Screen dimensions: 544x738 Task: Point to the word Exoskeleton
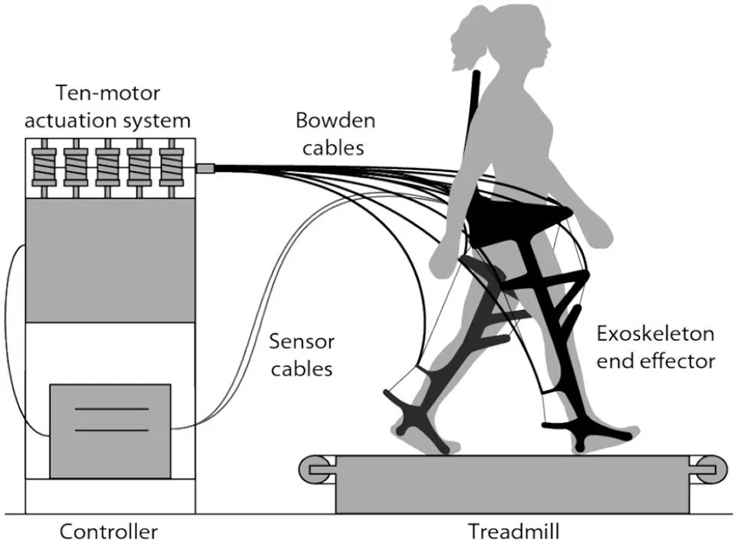655,335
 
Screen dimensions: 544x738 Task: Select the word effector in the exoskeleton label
655,361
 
